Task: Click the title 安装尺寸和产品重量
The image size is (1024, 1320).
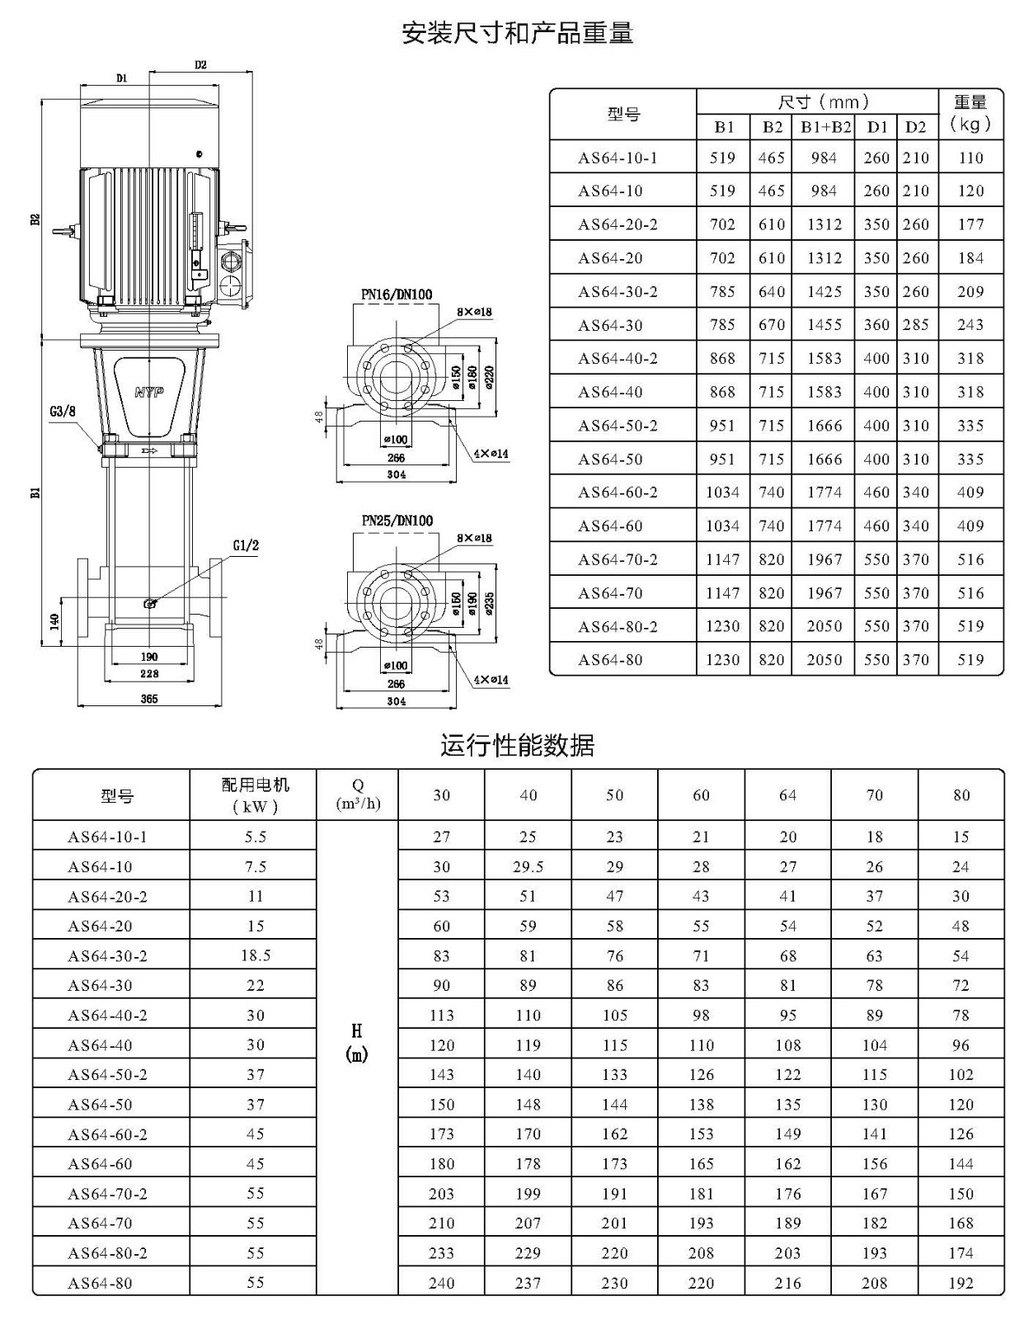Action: (x=518, y=33)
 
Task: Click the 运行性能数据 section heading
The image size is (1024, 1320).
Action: (x=518, y=745)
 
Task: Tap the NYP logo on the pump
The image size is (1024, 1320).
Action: (x=149, y=393)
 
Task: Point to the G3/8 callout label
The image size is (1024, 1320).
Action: (x=62, y=411)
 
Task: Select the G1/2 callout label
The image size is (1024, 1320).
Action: (x=246, y=545)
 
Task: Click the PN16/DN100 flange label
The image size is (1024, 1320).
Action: (x=397, y=295)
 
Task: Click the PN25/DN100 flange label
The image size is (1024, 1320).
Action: (x=397, y=521)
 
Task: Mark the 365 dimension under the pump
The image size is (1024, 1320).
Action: (x=149, y=699)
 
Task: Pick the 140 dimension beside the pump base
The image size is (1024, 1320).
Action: (x=54, y=621)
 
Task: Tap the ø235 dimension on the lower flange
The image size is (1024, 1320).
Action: (x=489, y=604)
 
